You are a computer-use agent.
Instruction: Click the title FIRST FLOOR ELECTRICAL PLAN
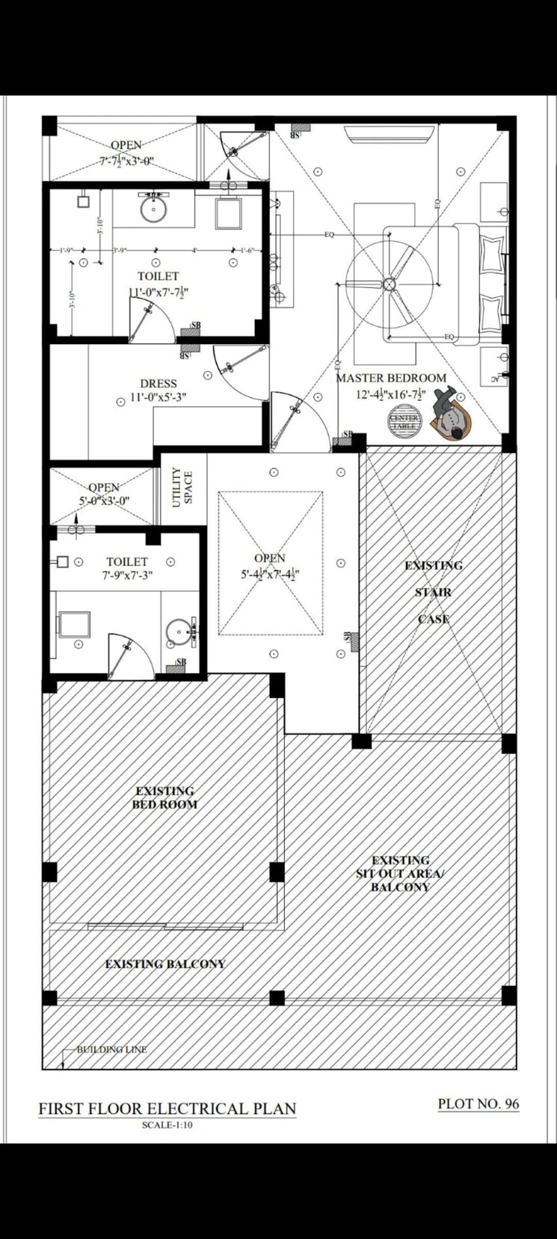[x=167, y=1108]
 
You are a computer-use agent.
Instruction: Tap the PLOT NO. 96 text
[x=478, y=1103]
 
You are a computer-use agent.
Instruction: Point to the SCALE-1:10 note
[x=167, y=1125]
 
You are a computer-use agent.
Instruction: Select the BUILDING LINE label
[x=111, y=1049]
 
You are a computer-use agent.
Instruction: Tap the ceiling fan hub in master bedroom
[x=389, y=284]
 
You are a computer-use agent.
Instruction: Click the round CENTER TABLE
[x=404, y=421]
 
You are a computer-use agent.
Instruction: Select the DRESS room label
[x=158, y=384]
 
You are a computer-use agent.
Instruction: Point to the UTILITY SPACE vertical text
[x=182, y=488]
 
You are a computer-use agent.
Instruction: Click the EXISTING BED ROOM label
[x=164, y=798]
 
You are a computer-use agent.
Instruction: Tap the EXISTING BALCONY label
[x=164, y=964]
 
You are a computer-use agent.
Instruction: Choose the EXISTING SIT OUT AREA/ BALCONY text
[x=400, y=873]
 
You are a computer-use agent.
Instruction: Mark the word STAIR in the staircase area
[x=434, y=593]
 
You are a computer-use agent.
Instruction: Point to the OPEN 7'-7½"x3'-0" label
[x=126, y=153]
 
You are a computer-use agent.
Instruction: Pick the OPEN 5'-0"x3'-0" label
[x=104, y=494]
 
